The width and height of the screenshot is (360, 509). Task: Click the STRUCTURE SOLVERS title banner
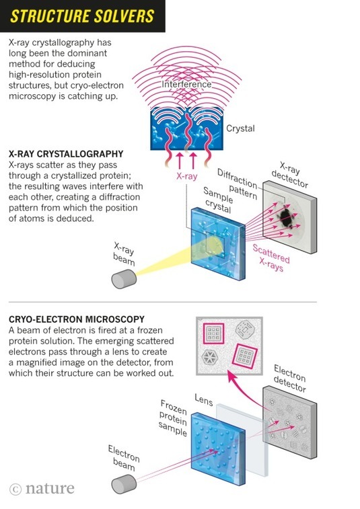coord(83,16)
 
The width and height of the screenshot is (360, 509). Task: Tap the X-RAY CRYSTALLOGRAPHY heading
coord(66,154)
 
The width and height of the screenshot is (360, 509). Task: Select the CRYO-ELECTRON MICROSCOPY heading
coord(77,319)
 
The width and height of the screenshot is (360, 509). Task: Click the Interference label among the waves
coord(186,85)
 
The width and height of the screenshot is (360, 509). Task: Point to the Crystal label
coord(240,128)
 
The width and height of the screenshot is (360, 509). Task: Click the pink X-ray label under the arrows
coord(187,176)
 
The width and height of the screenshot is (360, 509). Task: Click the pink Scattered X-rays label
coord(271,258)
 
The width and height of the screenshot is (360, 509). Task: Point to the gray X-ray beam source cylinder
coord(124,279)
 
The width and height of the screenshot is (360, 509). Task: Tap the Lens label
coord(204,399)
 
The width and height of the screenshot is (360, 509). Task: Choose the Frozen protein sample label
coord(174,418)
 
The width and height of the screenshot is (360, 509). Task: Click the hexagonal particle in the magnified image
coord(209,357)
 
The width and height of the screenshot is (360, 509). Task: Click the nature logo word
coord(50,488)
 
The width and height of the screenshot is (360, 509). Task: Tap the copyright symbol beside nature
coord(15,490)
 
